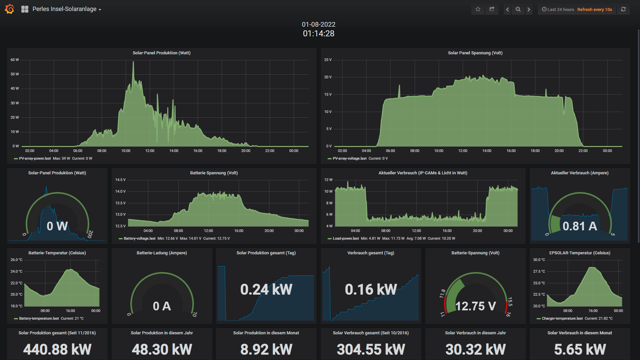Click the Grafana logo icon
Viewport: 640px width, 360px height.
pyautogui.click(x=10, y=9)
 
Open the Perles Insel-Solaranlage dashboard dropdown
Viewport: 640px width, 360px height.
pyautogui.click(x=67, y=9)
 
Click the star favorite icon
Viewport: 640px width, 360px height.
pyautogui.click(x=478, y=9)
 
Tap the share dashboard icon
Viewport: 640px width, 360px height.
pyautogui.click(x=492, y=9)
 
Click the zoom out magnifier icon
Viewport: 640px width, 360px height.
pyautogui.click(x=518, y=9)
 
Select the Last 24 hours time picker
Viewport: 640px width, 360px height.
pyautogui.click(x=558, y=9)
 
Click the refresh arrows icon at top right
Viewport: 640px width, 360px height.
pyautogui.click(x=623, y=9)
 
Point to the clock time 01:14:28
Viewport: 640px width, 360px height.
pyautogui.click(x=319, y=33)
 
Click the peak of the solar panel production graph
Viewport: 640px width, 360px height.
pyautogui.click(x=133, y=62)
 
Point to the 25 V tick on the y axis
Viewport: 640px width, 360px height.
pyautogui.click(x=328, y=60)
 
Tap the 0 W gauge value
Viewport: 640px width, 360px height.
pyautogui.click(x=57, y=226)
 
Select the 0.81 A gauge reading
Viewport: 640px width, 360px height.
pyautogui.click(x=580, y=226)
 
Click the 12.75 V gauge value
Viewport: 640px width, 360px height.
pyautogui.click(x=476, y=306)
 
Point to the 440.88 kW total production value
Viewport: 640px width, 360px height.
pyautogui.click(x=57, y=349)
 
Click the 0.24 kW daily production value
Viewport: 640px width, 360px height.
pyautogui.click(x=266, y=289)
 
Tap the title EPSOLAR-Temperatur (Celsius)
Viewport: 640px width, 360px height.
pyautogui.click(x=580, y=253)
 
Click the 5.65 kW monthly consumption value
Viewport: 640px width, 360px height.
pyautogui.click(x=580, y=349)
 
